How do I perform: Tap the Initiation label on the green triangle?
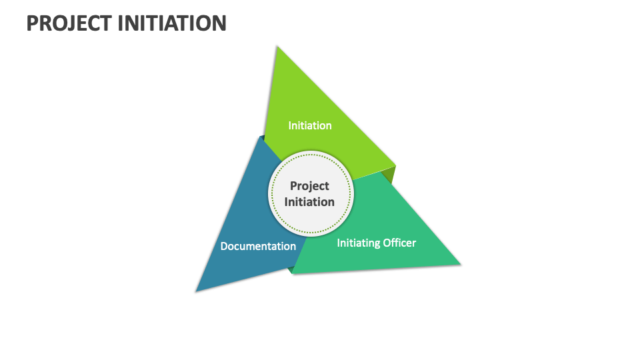point(309,125)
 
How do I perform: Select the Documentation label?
point(258,246)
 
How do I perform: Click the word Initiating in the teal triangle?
point(359,243)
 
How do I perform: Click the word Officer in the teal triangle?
point(399,243)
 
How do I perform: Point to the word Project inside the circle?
point(309,187)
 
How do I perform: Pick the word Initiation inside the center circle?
point(309,201)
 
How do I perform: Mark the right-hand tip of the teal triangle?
point(459,264)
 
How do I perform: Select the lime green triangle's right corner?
point(394,165)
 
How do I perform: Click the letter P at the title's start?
point(33,23)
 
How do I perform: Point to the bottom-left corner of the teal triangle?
point(293,273)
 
